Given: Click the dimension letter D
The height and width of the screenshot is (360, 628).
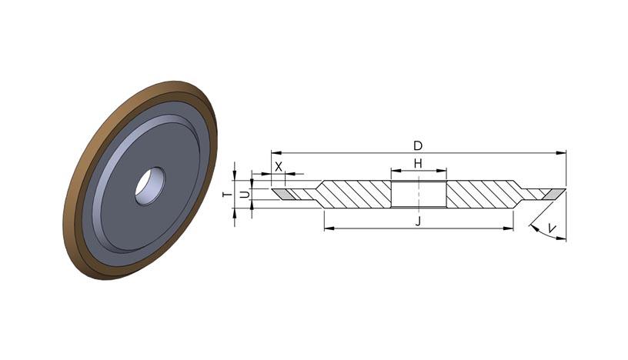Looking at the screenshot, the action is pos(418,145).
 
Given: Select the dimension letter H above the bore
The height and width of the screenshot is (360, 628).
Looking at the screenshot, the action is pos(418,163).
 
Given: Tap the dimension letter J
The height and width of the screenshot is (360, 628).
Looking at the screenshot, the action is pos(418,222).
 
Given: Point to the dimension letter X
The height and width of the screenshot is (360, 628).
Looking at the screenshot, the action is pos(279,167).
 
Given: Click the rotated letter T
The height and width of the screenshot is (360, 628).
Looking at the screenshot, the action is pos(227,195).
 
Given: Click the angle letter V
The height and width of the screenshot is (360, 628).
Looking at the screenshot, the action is pos(552,228).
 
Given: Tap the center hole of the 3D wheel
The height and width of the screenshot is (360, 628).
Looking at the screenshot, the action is pos(150,186).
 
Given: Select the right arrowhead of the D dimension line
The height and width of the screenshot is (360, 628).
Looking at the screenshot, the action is pos(561,153).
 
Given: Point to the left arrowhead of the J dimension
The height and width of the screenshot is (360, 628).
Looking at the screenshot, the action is pos(329,228).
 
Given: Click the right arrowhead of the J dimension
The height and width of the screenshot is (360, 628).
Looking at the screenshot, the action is pos(508,228).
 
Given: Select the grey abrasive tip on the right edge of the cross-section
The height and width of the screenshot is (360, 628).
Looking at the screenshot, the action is pos(554,194).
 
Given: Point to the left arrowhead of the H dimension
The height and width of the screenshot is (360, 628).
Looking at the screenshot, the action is pos(396,171).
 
